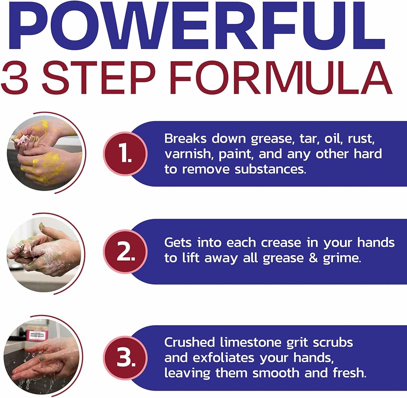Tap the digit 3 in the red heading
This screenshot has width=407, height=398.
pyautogui.click(x=15, y=78)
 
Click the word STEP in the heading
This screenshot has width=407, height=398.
pyautogui.click(x=99, y=78)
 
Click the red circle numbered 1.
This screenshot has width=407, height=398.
pyautogui.click(x=125, y=154)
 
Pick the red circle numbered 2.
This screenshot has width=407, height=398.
pyautogui.click(x=125, y=252)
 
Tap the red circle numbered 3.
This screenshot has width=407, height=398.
pyautogui.click(x=125, y=358)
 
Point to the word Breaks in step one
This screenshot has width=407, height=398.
pyautogui.click(x=186, y=139)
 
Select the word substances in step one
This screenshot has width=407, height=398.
pyautogui.click(x=271, y=169)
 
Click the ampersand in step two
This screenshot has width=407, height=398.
pyautogui.click(x=313, y=258)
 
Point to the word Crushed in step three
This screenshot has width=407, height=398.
pyautogui.click(x=190, y=342)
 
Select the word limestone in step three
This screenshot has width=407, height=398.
pyautogui.click(x=251, y=342)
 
